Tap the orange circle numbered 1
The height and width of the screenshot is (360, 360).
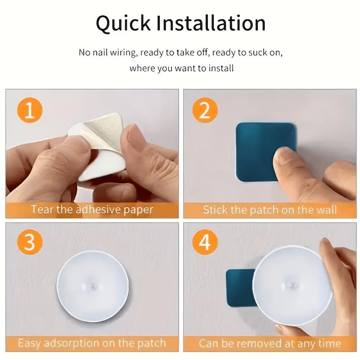click(30, 111)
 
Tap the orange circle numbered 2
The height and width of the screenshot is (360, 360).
click(205, 111)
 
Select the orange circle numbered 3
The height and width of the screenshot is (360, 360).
click(30, 243)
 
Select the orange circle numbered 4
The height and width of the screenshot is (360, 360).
click(205, 243)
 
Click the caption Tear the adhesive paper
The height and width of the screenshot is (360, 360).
click(92, 210)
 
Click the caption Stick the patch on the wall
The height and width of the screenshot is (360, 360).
click(270, 210)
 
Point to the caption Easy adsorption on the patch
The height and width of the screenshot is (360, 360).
click(92, 343)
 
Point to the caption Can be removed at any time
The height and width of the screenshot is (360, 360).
click(270, 343)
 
